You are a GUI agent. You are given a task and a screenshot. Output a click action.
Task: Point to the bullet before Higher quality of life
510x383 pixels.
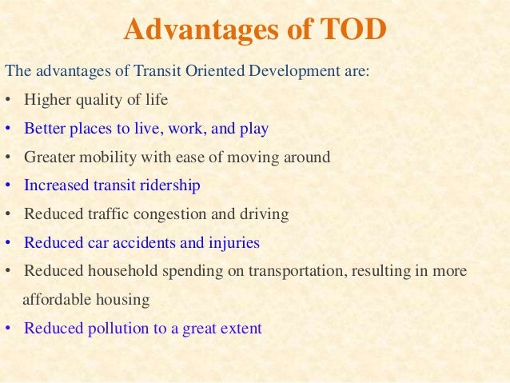click(x=7, y=100)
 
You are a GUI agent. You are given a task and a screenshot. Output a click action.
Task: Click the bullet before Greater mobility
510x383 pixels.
click(x=7, y=158)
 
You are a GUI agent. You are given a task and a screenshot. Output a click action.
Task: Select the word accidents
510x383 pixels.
click(x=131, y=243)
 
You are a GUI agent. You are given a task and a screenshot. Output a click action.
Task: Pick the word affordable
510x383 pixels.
click(x=54, y=300)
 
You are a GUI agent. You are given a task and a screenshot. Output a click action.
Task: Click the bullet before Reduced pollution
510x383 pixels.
click(x=7, y=329)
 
